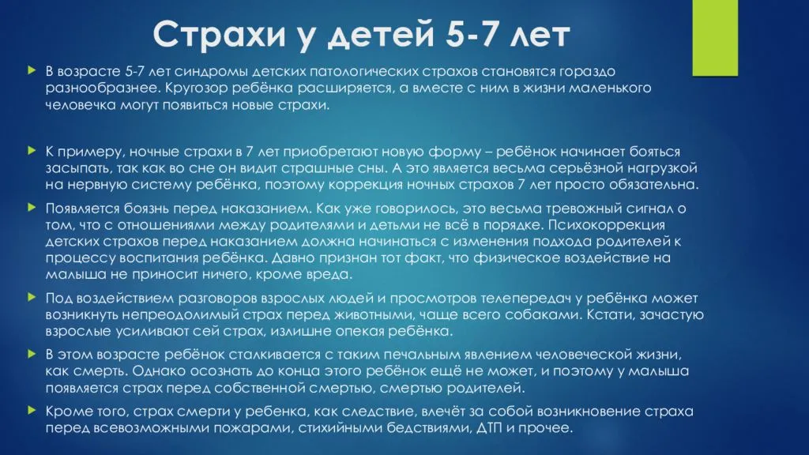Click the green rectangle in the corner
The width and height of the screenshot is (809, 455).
tap(714, 38)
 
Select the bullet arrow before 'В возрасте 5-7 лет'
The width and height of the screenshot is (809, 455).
tap(32, 70)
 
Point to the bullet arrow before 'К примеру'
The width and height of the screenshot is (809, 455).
tap(32, 151)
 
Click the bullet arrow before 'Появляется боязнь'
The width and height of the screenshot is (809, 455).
tap(32, 208)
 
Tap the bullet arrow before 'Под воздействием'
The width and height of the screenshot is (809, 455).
tap(32, 297)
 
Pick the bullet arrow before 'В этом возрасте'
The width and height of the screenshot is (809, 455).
tap(32, 354)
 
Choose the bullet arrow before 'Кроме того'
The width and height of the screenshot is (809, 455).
tap(32, 411)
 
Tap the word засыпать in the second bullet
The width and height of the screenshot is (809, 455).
tap(78, 169)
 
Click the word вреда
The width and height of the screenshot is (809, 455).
tap(330, 274)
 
